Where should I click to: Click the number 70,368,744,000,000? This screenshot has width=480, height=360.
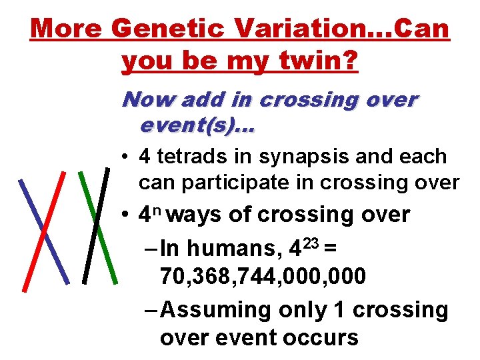tap(263, 275)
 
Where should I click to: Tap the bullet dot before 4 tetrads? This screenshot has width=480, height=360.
tap(125, 157)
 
